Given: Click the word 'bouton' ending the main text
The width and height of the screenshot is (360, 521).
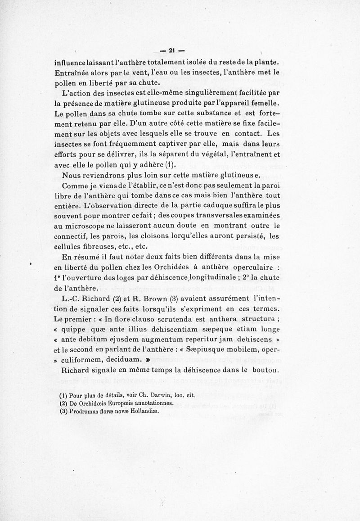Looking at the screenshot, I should tap(266, 372).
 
